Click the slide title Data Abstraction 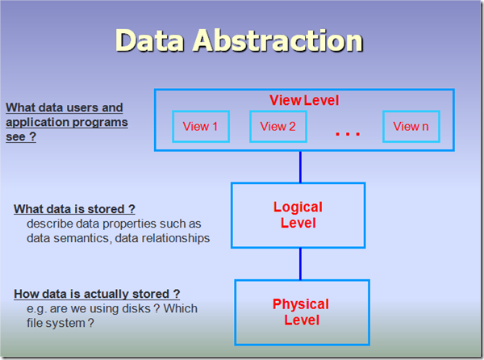click(240, 40)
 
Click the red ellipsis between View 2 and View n click(348, 134)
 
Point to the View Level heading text click(304, 100)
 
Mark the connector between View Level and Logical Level click(300, 167)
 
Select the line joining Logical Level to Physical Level click(300, 264)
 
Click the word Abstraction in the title click(277, 40)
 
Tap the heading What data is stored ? click(74, 209)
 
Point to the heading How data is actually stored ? click(97, 294)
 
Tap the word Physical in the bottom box click(301, 304)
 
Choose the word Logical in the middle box click(298, 207)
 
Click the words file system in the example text click(56, 323)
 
